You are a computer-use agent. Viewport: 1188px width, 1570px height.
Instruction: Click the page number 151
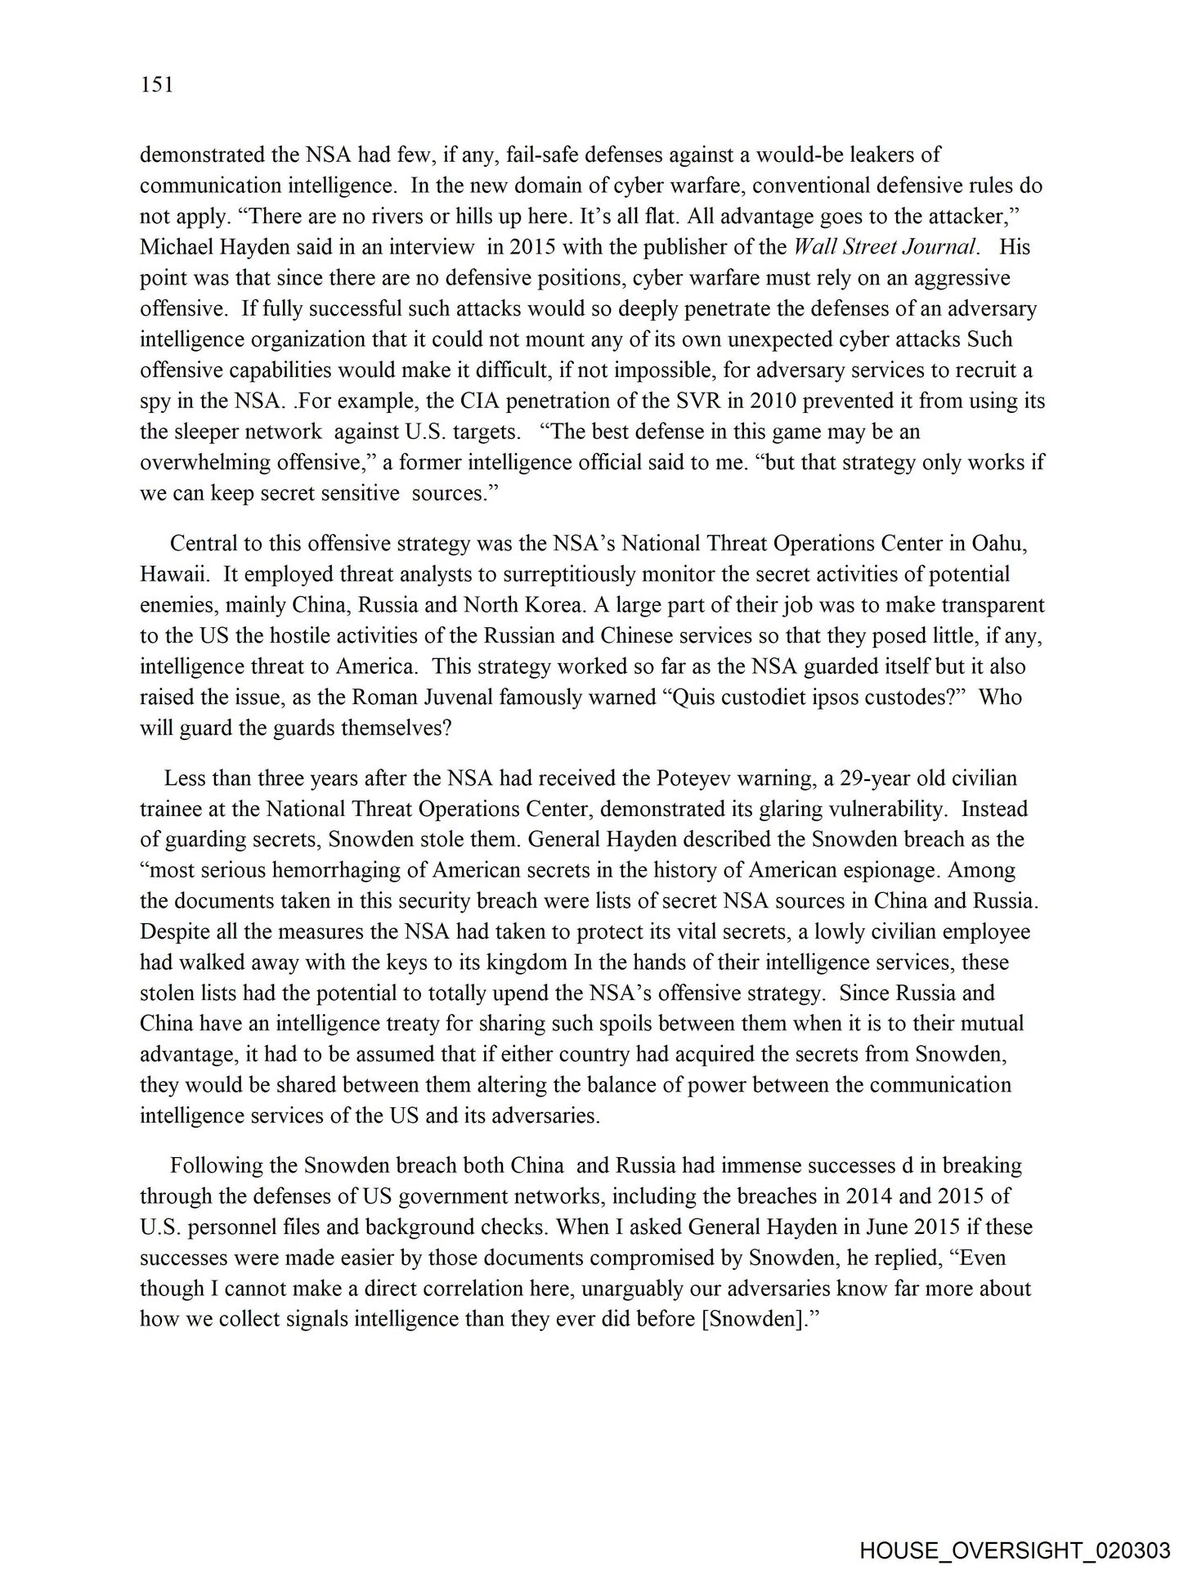click(x=157, y=85)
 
